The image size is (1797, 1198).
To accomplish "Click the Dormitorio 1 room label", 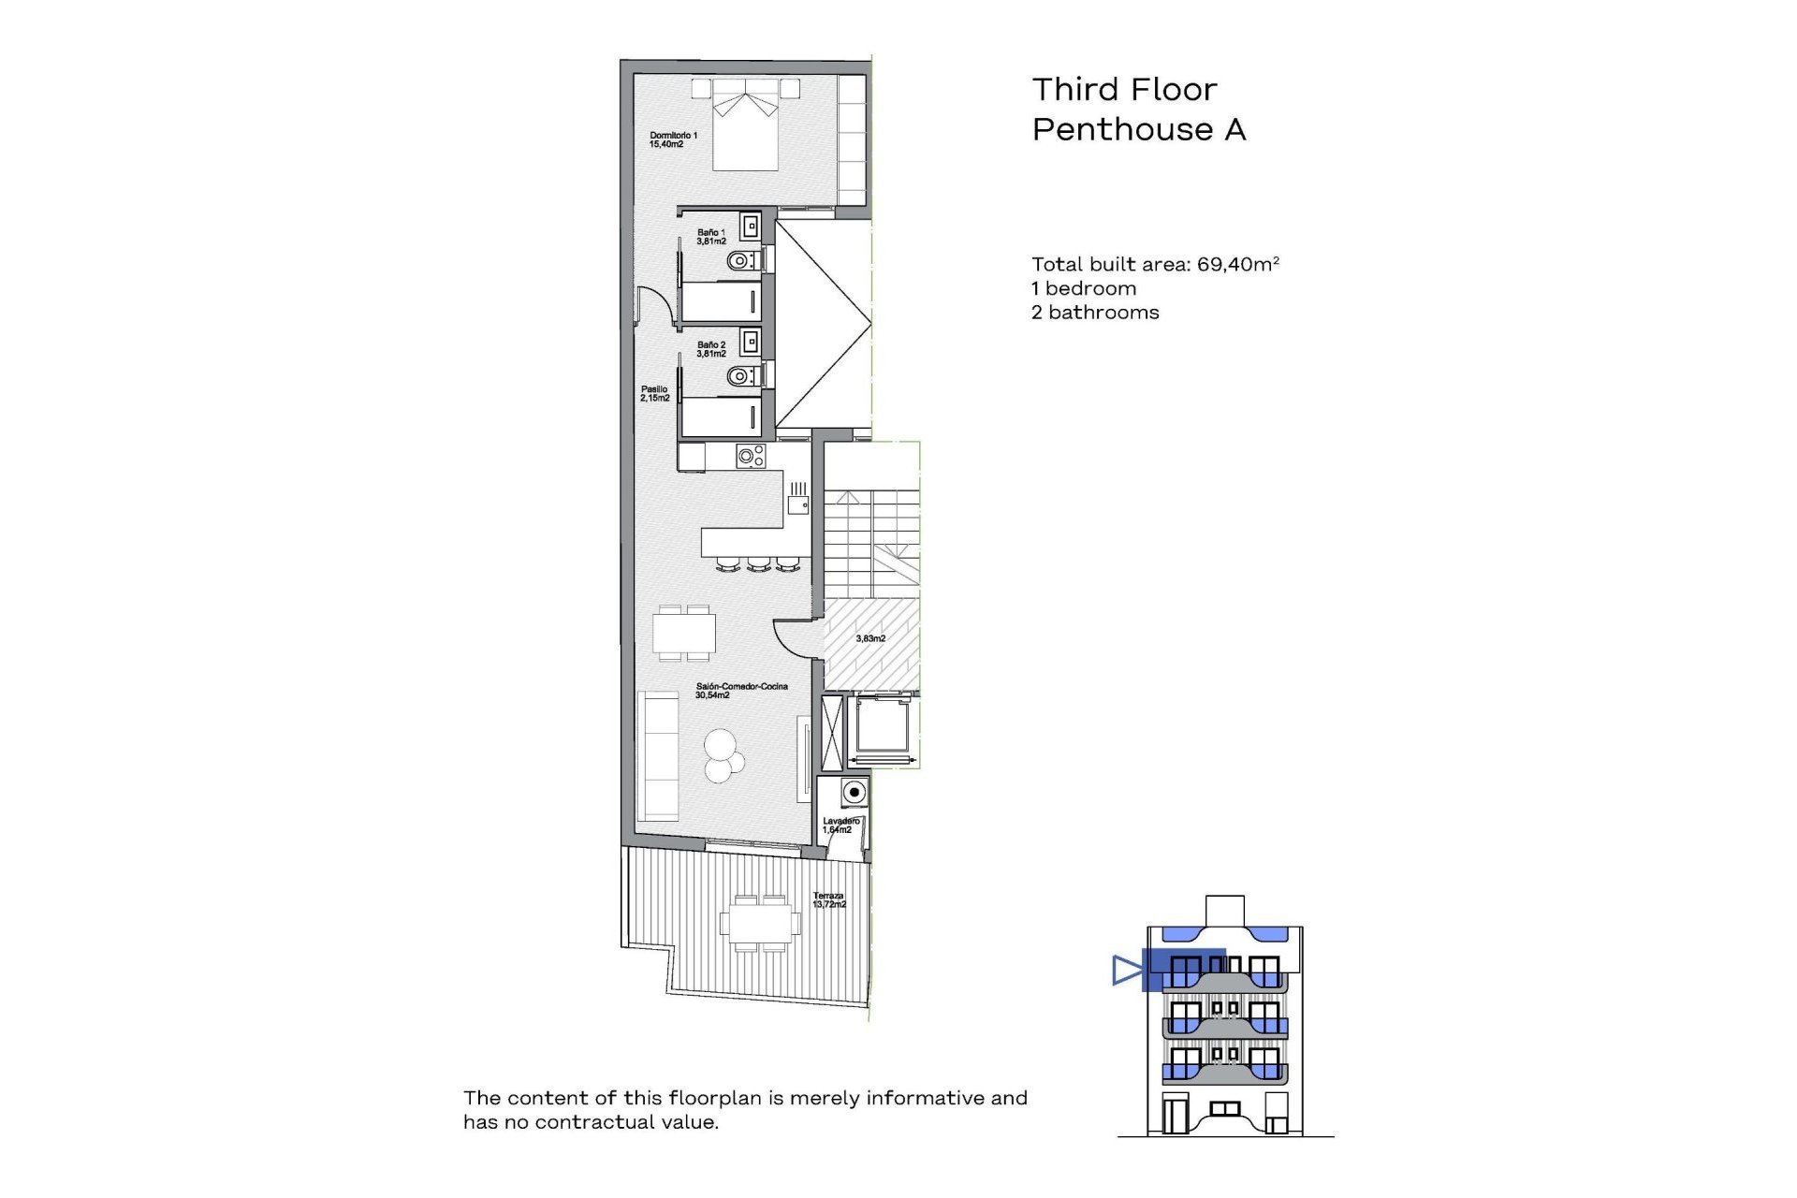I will [x=673, y=139].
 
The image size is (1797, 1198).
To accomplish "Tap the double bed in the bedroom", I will [x=746, y=126].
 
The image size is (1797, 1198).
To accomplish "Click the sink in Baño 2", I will [x=751, y=342].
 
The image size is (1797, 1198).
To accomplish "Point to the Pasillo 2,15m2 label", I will [x=654, y=393].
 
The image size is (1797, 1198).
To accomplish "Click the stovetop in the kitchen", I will [x=751, y=456].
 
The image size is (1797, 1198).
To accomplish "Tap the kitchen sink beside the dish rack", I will [x=797, y=504].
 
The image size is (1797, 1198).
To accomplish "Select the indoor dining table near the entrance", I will [x=684, y=634].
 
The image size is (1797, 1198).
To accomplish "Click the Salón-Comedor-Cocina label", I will [x=740, y=690].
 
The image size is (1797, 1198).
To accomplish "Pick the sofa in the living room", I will [x=658, y=755].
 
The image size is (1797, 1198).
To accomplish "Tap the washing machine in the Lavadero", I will [x=854, y=793].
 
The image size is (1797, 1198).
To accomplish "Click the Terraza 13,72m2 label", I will [x=828, y=899].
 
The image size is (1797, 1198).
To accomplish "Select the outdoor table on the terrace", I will [x=759, y=924].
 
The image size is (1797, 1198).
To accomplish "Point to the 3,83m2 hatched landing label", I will [x=870, y=638].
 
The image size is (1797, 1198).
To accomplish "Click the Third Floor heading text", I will [x=1124, y=90].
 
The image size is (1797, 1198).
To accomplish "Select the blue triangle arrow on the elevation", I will [x=1127, y=971].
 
